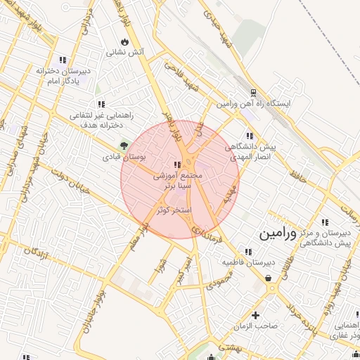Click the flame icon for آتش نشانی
point(124,41)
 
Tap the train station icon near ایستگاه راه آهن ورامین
point(253,93)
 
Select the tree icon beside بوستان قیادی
point(124,146)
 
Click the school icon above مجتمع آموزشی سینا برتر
point(187,164)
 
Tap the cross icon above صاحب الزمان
point(256,315)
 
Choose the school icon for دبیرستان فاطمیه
point(247,251)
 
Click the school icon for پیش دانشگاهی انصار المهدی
point(249,136)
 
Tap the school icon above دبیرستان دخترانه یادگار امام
point(63,60)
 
